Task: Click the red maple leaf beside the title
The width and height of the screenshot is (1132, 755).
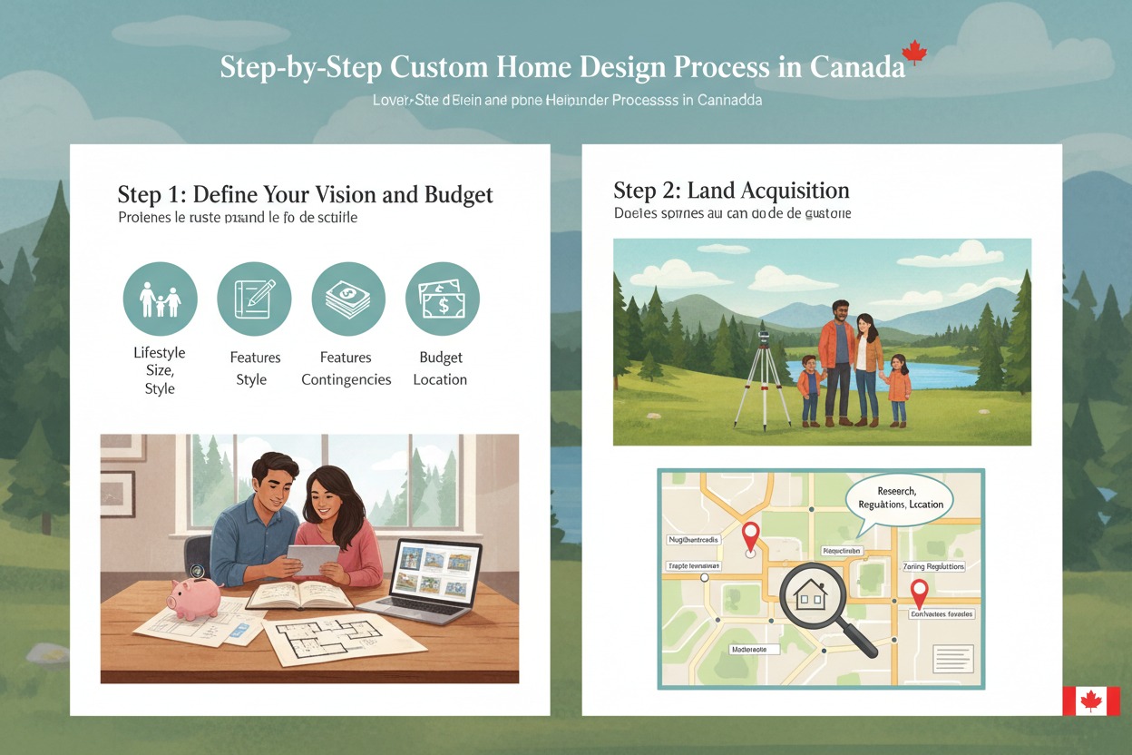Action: pyautogui.click(x=913, y=52)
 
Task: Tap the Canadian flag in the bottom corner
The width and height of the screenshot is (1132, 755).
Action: pyautogui.click(x=1091, y=701)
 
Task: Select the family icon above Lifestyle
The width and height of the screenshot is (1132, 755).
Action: pyautogui.click(x=160, y=299)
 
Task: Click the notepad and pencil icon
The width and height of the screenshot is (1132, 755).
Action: pyautogui.click(x=254, y=299)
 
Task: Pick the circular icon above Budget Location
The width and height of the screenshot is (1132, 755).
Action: pyautogui.click(x=442, y=299)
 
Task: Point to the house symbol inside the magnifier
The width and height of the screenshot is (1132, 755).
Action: pyautogui.click(x=809, y=594)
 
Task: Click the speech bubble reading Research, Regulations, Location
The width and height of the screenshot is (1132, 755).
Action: pyautogui.click(x=898, y=497)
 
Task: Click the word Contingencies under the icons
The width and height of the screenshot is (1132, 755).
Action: pyautogui.click(x=346, y=379)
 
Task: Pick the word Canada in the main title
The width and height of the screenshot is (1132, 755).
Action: pyautogui.click(x=856, y=68)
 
